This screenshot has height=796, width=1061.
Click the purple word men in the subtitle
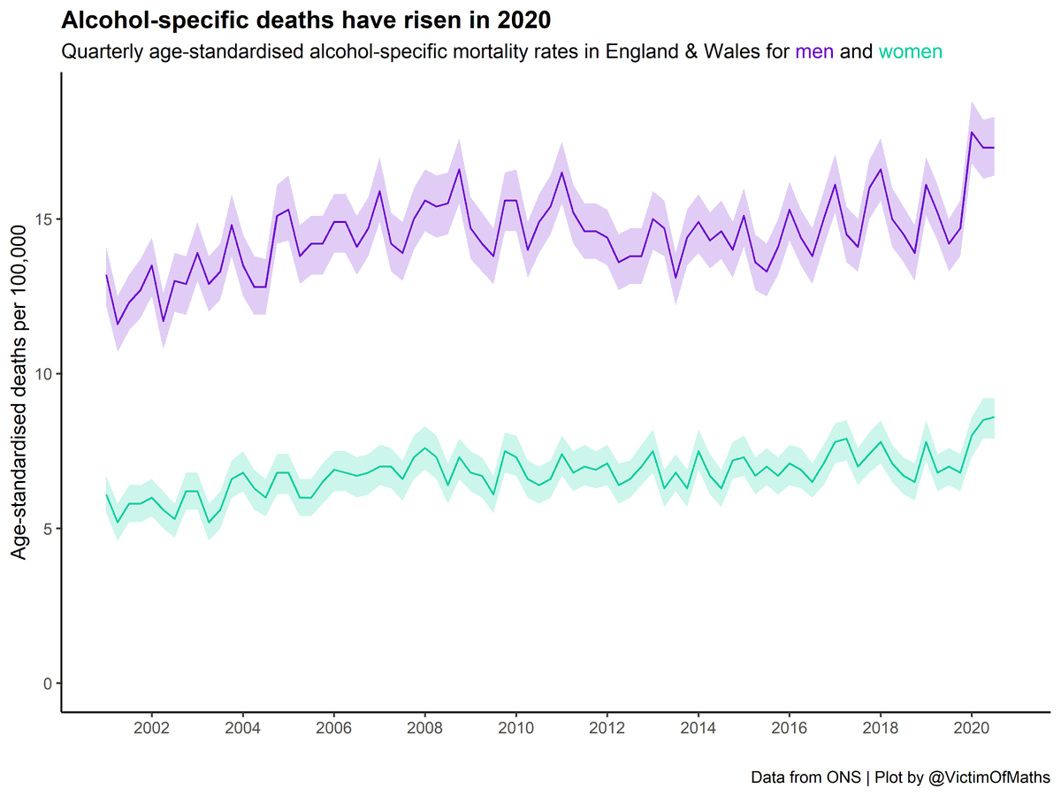coord(814,51)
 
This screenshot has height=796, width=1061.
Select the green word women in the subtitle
coord(910,51)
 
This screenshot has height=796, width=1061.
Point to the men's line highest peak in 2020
coord(972,133)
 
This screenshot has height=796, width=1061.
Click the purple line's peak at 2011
coord(562,172)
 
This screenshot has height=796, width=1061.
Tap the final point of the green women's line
coord(994,417)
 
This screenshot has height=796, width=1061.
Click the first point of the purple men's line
coord(106,275)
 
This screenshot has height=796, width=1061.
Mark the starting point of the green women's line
coord(106,494)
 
